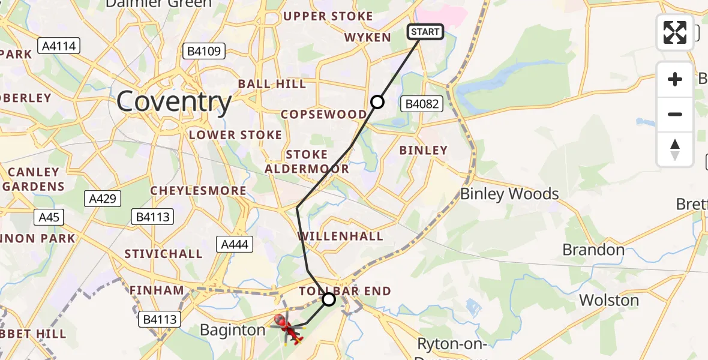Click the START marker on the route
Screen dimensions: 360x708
(425, 32)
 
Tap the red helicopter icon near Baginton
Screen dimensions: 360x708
(287, 328)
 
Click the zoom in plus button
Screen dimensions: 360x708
(675, 79)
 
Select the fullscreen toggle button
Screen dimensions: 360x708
(675, 32)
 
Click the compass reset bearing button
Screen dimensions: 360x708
(675, 149)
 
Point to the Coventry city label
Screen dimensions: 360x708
(174, 102)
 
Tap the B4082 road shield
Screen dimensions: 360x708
(422, 104)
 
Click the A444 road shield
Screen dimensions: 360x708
(235, 244)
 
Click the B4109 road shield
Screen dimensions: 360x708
(205, 51)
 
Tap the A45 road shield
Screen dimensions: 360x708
(49, 217)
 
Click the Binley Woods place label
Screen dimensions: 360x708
(509, 194)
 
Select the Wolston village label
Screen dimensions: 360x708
(609, 300)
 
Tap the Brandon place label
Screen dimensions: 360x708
(593, 250)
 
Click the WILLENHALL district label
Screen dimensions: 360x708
(340, 236)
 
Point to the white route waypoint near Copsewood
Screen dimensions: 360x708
(377, 102)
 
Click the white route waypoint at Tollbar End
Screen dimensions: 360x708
(328, 298)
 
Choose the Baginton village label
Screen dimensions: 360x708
(232, 330)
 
